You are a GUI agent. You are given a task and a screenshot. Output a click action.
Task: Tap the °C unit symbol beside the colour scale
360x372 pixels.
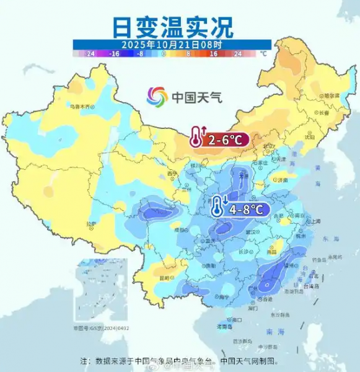click(x=263, y=53)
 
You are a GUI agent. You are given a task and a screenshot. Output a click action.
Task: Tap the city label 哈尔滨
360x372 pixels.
click(x=331, y=95)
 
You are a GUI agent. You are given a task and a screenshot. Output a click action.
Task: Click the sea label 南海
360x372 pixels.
click(x=268, y=332)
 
